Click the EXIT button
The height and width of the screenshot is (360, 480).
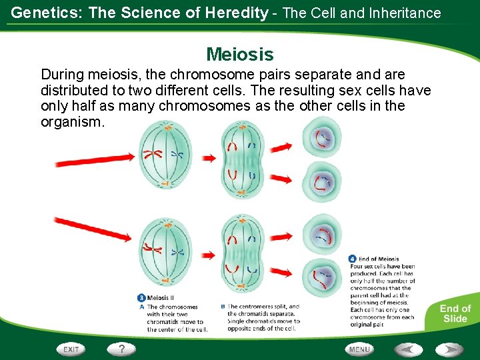coord(71,349)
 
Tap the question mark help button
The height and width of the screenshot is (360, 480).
coord(121,348)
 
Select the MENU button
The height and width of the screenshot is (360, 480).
coord(359,349)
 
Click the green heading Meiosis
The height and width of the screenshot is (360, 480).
coord(240,54)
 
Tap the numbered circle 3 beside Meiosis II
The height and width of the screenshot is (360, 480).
coord(141,298)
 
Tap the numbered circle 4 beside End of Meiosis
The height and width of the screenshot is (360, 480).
coord(353,259)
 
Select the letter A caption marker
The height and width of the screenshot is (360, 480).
coord(141,307)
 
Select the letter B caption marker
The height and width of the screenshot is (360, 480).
coord(222,307)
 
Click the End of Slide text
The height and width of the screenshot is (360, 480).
coord(455,313)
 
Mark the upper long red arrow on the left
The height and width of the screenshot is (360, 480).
coord(95,160)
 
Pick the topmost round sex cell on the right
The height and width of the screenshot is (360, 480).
coord(322,138)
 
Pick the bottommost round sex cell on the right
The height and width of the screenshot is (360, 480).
coord(322,277)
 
